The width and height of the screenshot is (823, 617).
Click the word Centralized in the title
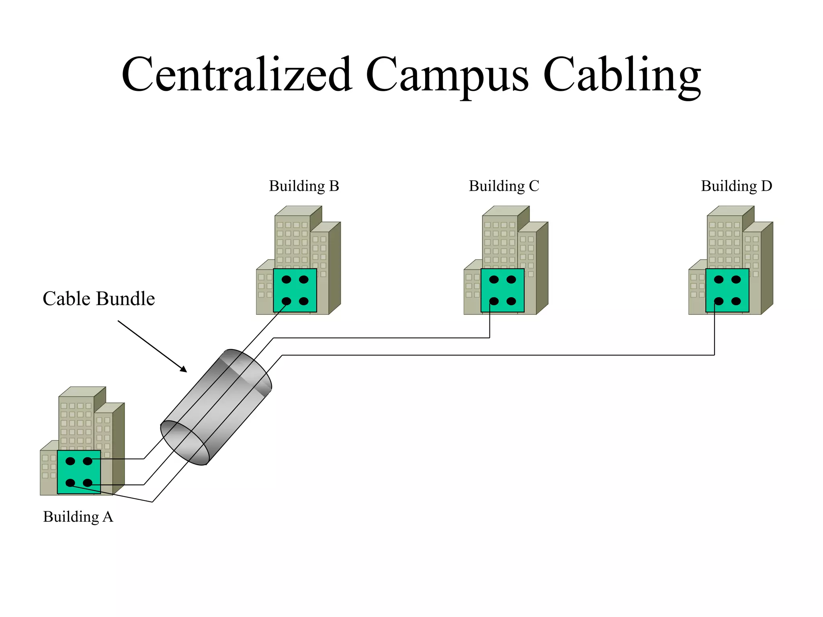(237, 74)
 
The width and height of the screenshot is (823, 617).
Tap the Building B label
(304, 186)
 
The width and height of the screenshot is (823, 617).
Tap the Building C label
(504, 186)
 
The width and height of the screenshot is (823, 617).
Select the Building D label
(736, 186)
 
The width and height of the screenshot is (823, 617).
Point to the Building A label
(78, 517)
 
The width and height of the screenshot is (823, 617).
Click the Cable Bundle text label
(98, 299)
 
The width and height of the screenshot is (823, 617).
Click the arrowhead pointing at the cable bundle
(184, 369)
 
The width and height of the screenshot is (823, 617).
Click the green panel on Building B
(295, 290)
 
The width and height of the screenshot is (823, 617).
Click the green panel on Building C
(502, 290)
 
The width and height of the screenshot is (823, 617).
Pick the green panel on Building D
(727, 290)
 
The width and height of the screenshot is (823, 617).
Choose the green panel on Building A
(79, 472)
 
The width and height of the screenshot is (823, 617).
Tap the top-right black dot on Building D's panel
(736, 280)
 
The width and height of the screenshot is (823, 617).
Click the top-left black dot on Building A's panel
(70, 461)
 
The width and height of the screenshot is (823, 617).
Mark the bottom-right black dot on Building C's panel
(511, 301)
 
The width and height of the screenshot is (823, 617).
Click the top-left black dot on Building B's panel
(286, 280)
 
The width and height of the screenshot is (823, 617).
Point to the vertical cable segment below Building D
(714, 333)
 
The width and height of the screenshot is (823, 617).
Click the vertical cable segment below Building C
(489, 325)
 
